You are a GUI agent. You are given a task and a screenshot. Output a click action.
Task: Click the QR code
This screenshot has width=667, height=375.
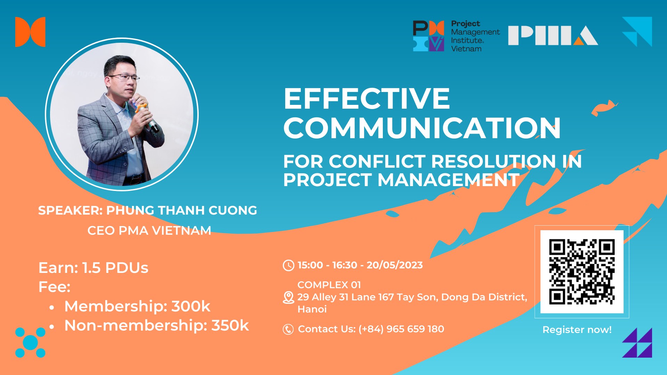(582, 272)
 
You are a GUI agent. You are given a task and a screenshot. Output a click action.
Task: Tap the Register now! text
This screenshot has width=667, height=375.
(577, 330)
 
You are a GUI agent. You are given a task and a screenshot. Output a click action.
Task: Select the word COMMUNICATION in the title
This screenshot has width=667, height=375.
(422, 128)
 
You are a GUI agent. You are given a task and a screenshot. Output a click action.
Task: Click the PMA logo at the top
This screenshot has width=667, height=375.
(553, 35)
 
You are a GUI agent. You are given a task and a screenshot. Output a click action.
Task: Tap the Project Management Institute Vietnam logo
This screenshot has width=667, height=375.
(456, 36)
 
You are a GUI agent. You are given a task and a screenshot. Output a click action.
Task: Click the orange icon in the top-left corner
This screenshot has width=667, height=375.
(30, 32)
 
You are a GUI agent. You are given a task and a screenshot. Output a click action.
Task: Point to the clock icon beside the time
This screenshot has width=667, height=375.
(288, 265)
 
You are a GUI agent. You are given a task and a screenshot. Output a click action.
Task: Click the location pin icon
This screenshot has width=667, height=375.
(288, 297)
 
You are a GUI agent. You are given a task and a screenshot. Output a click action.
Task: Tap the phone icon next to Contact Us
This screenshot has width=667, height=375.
(288, 329)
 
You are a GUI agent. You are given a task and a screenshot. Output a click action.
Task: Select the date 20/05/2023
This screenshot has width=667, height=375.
(395, 265)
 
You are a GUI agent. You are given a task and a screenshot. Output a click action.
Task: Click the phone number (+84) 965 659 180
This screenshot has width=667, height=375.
(401, 329)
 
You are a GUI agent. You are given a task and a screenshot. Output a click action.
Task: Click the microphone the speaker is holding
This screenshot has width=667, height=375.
(149, 118)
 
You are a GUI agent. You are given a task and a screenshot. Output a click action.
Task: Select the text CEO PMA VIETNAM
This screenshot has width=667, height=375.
(149, 231)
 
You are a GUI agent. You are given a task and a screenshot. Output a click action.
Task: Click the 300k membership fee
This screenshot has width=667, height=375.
(191, 306)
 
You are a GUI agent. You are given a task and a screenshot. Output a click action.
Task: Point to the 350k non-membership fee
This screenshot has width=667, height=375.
(230, 326)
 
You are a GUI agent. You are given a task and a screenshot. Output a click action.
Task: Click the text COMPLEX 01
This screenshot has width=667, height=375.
(329, 285)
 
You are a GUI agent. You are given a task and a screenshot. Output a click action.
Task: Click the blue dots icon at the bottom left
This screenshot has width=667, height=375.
(30, 342)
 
